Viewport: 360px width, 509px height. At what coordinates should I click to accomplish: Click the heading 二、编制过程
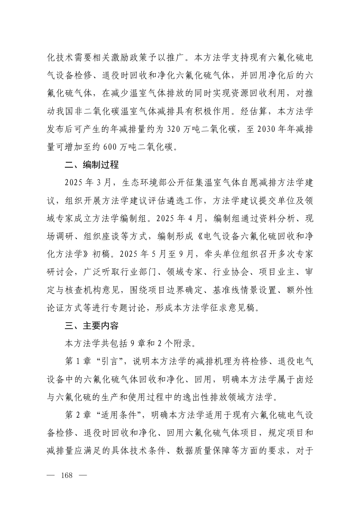point(92,165)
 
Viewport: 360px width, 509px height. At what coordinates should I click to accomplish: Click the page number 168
point(66,476)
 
